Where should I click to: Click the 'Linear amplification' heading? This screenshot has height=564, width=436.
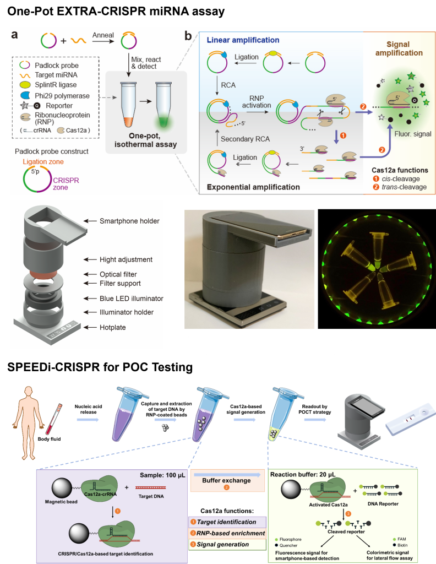(243, 40)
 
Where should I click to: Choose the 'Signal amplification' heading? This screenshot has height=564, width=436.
(405, 48)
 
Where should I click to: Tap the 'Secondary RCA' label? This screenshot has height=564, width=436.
(245, 139)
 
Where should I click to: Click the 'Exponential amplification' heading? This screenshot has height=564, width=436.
(253, 187)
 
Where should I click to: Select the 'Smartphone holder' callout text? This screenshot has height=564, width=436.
(129, 221)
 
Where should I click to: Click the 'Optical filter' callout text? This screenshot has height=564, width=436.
(118, 274)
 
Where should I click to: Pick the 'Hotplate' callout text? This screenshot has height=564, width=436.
(112, 327)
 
